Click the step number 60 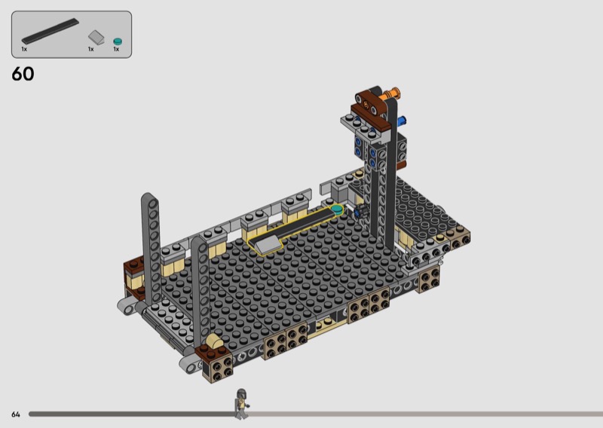click(23, 74)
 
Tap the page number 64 click(15, 414)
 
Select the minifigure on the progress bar click(241, 404)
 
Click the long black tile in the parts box click(50, 31)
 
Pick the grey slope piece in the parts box click(96, 38)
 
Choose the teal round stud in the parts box click(118, 41)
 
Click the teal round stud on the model click(337, 209)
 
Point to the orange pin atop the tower click(391, 94)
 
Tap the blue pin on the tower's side click(402, 121)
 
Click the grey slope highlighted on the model click(266, 245)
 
